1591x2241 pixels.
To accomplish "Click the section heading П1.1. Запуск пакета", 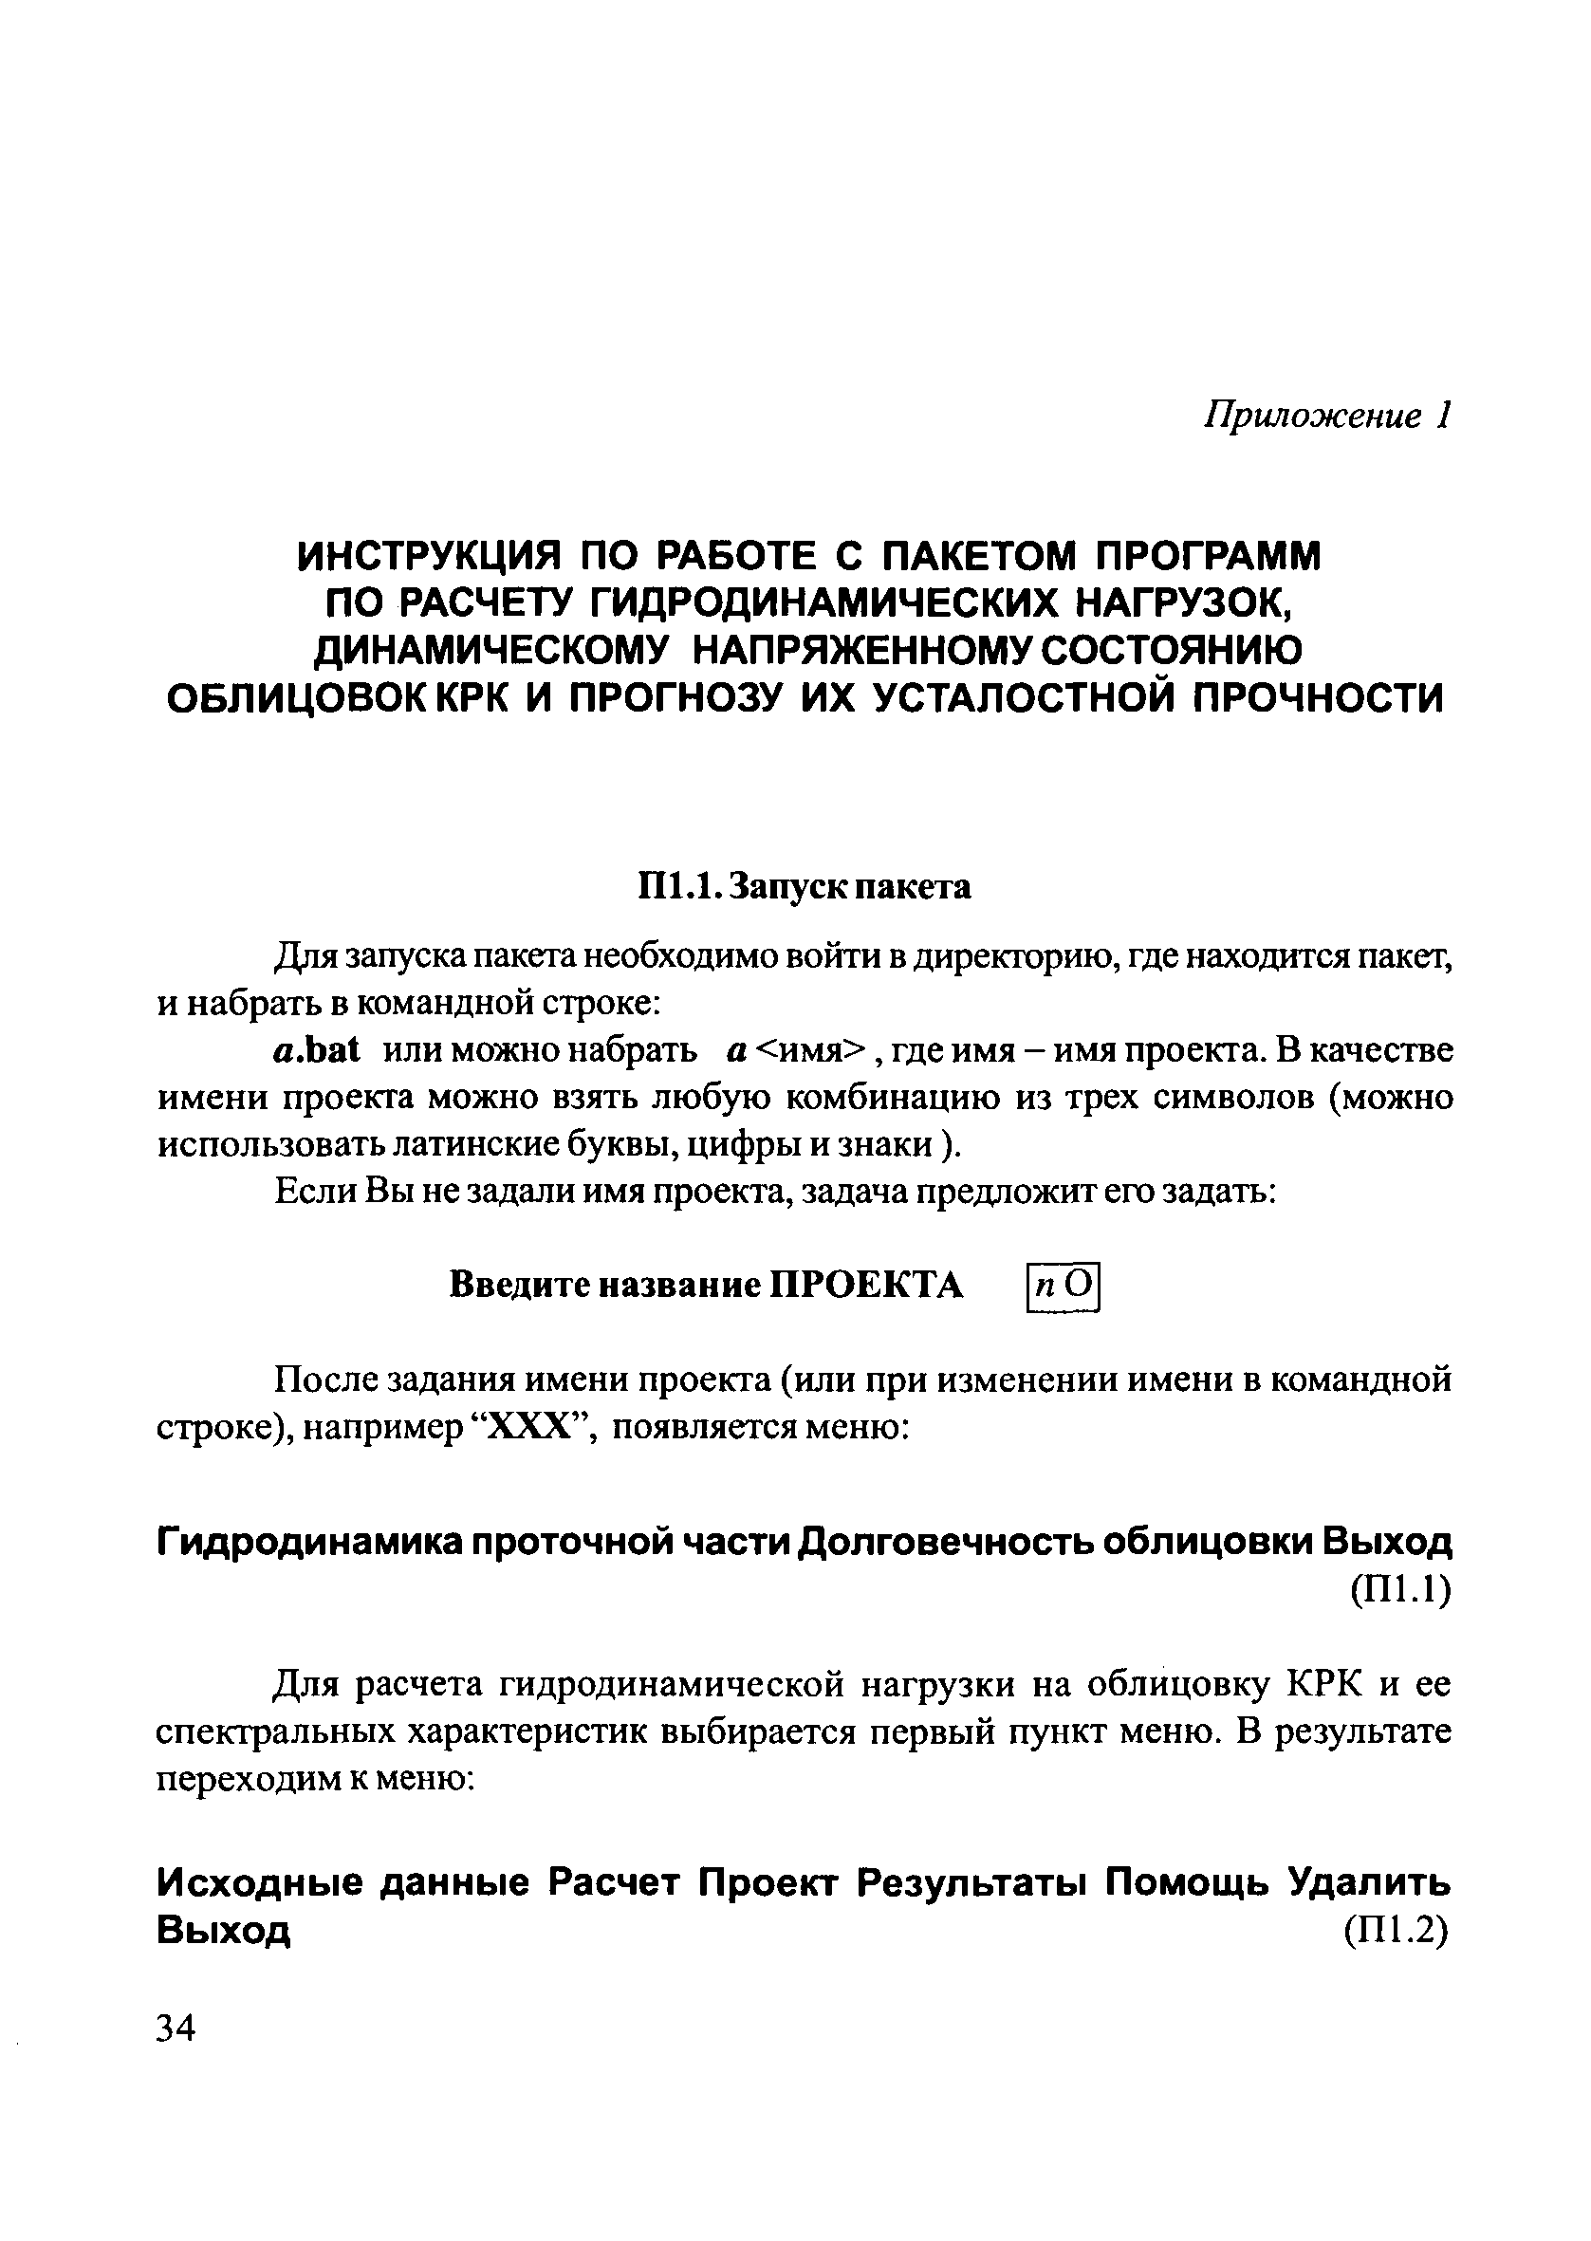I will coord(805,886).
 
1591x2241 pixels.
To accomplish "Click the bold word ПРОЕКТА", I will coord(867,1285).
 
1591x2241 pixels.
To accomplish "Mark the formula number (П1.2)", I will coord(1397,1931).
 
